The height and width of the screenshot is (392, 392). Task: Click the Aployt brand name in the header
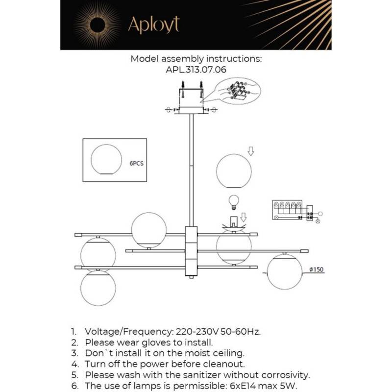154,25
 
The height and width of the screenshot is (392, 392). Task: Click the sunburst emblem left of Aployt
97,25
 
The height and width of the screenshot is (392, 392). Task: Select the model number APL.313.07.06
196,70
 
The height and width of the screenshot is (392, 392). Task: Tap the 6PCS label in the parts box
137,164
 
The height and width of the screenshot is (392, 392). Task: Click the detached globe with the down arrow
234,170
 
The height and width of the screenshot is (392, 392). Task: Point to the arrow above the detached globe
251,151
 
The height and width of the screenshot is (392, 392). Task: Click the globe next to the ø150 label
284,271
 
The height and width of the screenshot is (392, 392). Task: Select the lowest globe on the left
98,288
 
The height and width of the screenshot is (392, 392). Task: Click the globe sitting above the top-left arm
149,230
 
